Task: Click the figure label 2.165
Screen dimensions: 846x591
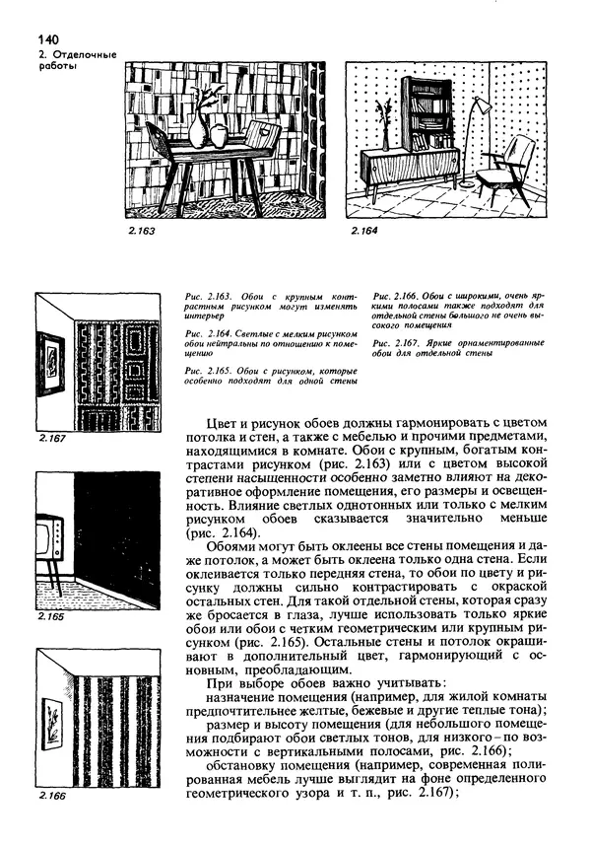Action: pyautogui.click(x=50, y=616)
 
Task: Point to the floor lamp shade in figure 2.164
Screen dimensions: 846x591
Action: pyautogui.click(x=482, y=106)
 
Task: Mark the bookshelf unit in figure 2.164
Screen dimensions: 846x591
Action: pyautogui.click(x=427, y=113)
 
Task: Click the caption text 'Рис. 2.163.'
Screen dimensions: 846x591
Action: pyautogui.click(x=206, y=296)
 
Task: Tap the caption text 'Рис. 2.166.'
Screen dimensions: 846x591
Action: pyautogui.click(x=395, y=296)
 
